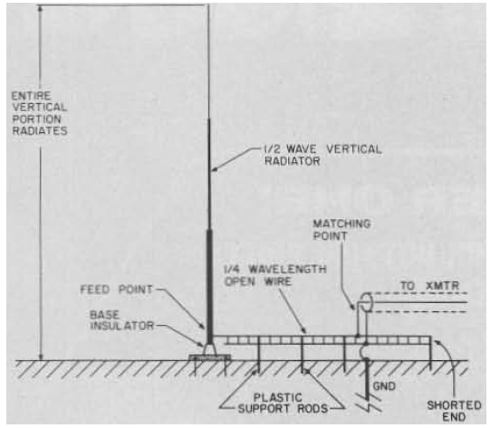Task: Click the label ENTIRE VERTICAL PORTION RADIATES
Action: click(39, 113)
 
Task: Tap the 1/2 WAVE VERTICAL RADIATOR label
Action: click(322, 155)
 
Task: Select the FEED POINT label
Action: click(116, 290)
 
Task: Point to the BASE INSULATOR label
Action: click(122, 320)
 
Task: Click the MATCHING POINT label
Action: click(341, 230)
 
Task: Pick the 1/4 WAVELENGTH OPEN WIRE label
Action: click(275, 275)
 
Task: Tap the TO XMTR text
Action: click(430, 286)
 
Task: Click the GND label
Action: click(384, 386)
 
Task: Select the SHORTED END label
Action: click(454, 411)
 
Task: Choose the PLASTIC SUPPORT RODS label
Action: click(283, 403)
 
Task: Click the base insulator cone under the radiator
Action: click(209, 349)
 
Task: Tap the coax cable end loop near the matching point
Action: click(365, 302)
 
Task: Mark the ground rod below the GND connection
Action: click(367, 380)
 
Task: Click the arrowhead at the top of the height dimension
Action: click(40, 8)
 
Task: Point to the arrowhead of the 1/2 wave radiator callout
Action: click(215, 170)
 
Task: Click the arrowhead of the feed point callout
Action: click(202, 327)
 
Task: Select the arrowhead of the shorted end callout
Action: click(437, 342)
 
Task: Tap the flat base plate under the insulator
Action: click(210, 357)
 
